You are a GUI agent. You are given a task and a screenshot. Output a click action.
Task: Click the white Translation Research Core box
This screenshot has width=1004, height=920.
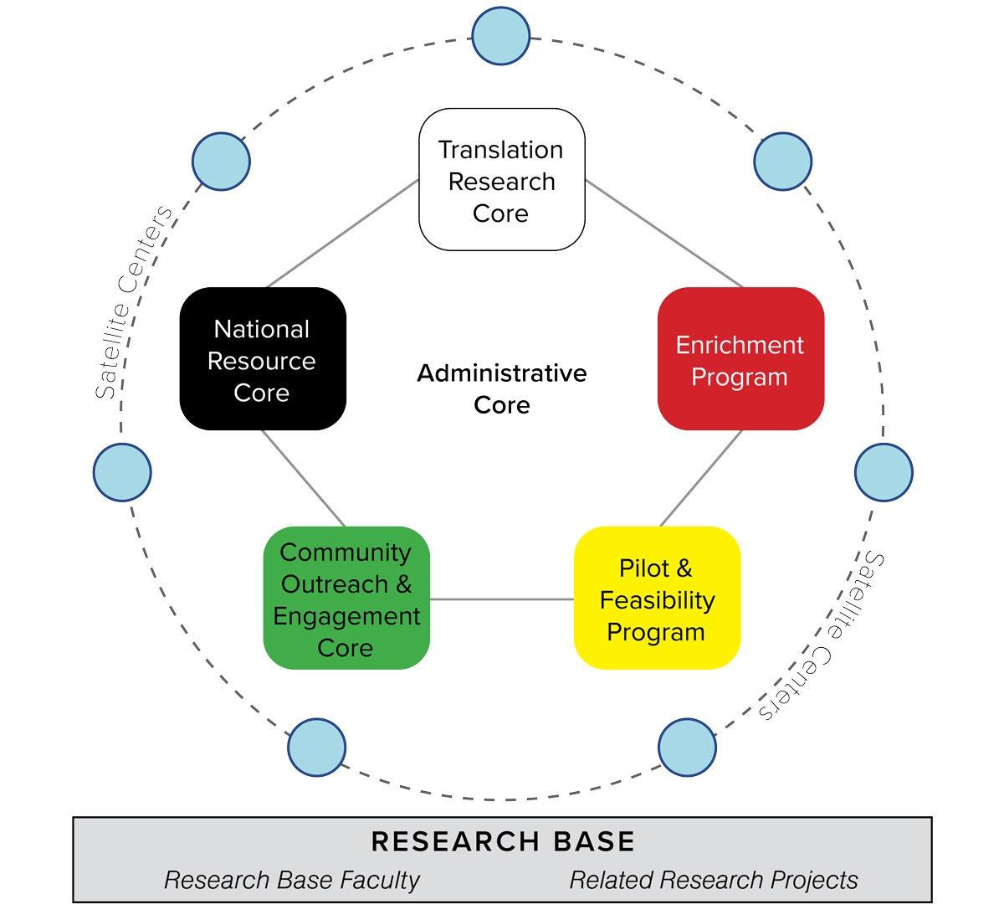pyautogui.click(x=501, y=180)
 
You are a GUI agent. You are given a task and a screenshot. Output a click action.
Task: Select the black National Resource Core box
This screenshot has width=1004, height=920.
pyautogui.click(x=263, y=359)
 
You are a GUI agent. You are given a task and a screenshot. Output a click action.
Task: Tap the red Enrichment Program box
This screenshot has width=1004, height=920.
pyautogui.click(x=740, y=359)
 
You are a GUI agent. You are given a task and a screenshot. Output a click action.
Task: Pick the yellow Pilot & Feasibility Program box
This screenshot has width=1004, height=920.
pyautogui.click(x=657, y=599)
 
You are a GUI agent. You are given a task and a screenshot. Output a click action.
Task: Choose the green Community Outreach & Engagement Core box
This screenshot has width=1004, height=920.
pyautogui.click(x=346, y=599)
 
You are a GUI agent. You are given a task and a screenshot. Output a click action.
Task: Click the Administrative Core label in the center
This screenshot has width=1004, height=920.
pyautogui.click(x=502, y=388)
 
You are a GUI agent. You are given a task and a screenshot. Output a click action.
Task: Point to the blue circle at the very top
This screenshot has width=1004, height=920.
pyautogui.click(x=501, y=36)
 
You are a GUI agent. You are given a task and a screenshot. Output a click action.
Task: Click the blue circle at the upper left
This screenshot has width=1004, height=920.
pyautogui.click(x=221, y=161)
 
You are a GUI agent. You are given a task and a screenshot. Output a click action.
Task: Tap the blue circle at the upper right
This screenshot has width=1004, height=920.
pyautogui.click(x=782, y=161)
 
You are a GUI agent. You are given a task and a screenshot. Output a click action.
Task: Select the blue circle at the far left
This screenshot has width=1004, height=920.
pyautogui.click(x=122, y=472)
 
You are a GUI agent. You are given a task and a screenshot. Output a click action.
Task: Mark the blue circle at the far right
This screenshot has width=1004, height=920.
pyautogui.click(x=884, y=472)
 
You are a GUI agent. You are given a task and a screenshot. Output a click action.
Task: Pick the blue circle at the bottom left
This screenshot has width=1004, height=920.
pyautogui.click(x=316, y=747)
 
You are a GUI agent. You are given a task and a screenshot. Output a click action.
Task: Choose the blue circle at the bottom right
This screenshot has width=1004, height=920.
pyautogui.click(x=687, y=747)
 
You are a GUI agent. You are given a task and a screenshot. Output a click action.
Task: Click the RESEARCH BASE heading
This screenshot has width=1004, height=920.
pyautogui.click(x=502, y=841)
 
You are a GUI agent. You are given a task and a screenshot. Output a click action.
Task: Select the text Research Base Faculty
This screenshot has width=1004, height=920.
pyautogui.click(x=292, y=880)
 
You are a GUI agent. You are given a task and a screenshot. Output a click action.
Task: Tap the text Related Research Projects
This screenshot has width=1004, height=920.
pyautogui.click(x=714, y=880)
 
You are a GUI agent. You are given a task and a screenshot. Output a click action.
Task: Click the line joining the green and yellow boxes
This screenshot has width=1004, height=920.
pyautogui.click(x=502, y=599)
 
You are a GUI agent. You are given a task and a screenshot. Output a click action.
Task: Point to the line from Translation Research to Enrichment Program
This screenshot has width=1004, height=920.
pyautogui.click(x=663, y=234)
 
